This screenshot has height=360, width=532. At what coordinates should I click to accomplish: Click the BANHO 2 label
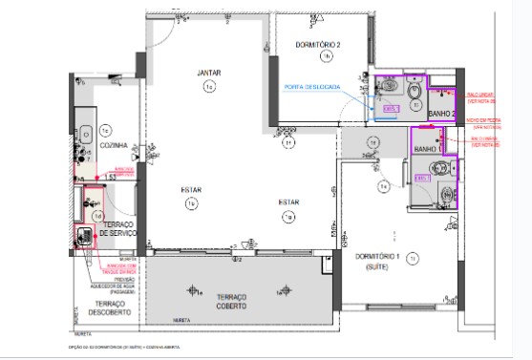tap(440, 114)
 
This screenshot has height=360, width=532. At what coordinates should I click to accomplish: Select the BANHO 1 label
tap(427, 149)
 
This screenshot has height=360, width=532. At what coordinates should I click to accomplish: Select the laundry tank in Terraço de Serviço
tap(83, 233)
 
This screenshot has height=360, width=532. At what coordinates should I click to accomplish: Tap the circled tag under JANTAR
tap(208, 87)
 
